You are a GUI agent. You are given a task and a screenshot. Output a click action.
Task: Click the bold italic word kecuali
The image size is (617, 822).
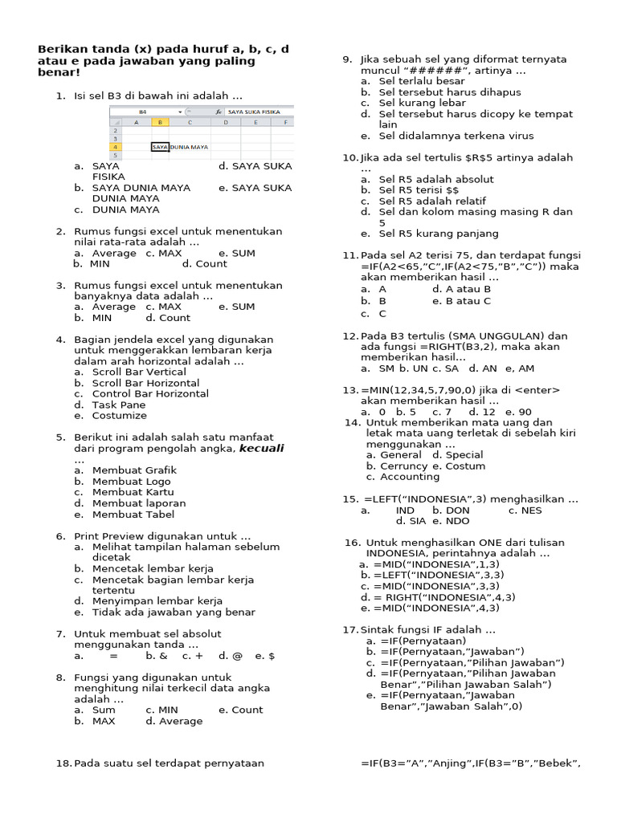coord(261,448)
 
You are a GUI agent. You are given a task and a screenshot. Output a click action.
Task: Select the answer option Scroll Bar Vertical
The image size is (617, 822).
coord(138,372)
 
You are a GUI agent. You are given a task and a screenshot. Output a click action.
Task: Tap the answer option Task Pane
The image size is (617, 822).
coord(119,405)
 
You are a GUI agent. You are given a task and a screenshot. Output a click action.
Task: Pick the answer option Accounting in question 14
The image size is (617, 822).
coord(410,477)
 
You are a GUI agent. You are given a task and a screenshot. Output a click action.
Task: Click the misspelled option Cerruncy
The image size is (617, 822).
coord(405,466)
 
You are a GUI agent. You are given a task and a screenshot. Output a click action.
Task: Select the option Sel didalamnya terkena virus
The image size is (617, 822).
coord(456,136)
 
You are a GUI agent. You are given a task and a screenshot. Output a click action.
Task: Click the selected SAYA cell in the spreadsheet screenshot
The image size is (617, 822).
coord(160,147)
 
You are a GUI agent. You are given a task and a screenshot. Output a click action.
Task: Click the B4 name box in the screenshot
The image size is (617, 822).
coord(143,112)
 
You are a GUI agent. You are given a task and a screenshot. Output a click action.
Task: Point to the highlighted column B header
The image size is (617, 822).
coord(160,123)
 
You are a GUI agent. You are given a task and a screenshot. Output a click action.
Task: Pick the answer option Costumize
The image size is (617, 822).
coord(119,416)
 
